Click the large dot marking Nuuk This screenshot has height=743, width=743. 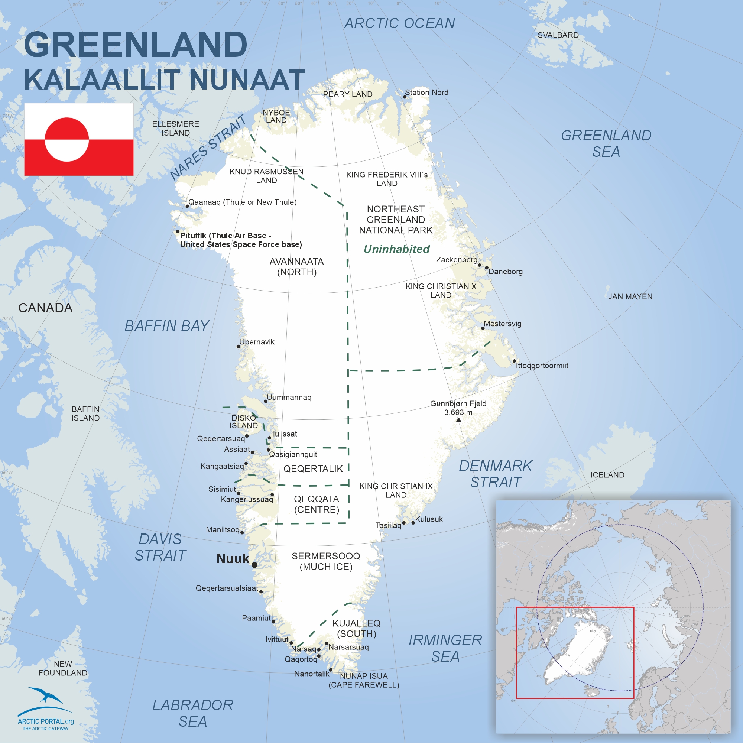point(254,565)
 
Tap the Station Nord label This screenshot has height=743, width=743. point(426,92)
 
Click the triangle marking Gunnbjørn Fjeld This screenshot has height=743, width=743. point(458,420)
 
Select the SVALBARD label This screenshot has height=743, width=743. point(558,35)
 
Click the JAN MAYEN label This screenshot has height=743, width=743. point(630,296)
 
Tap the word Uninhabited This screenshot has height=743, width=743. point(396,249)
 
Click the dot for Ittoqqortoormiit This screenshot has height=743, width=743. point(514,361)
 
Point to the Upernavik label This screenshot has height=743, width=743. point(257,342)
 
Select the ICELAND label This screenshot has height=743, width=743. point(607,474)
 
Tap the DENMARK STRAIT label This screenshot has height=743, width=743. point(495,474)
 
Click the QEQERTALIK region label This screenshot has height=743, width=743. point(313,469)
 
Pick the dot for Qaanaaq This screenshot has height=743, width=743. point(187,206)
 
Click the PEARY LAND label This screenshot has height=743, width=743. point(348,94)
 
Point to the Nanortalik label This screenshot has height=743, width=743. point(312,674)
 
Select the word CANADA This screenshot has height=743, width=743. point(45,308)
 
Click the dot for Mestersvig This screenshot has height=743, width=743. point(483,328)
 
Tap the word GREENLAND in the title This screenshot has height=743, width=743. point(135,44)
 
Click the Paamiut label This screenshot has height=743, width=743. point(256,618)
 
